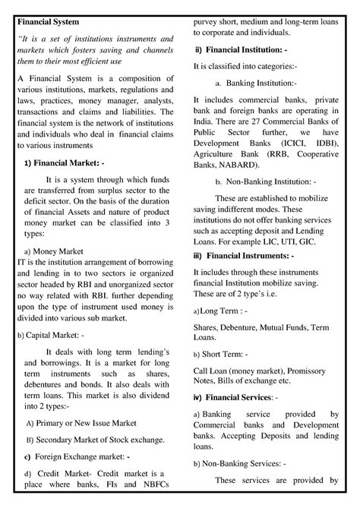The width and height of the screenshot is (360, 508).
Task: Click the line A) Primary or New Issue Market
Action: click(x=85, y=424)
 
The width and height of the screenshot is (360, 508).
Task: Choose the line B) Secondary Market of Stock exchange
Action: click(x=95, y=439)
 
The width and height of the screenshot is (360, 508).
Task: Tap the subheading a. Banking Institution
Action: click(x=256, y=84)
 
